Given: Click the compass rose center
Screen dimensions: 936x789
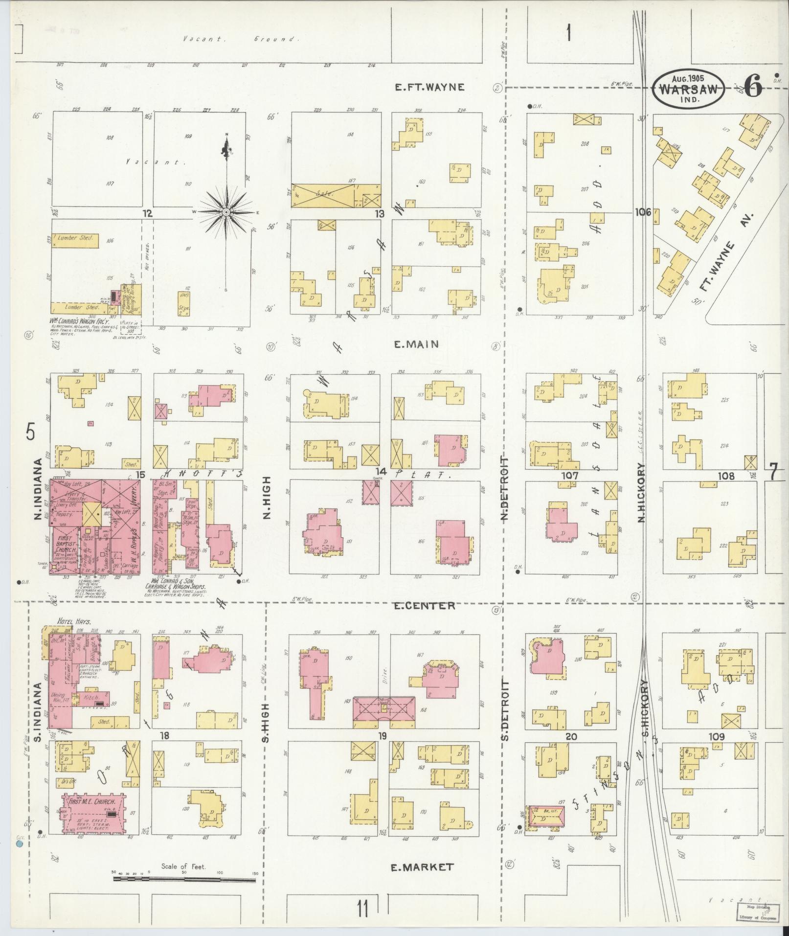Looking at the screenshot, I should click(226, 212).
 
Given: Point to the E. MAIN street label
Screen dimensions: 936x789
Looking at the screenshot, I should click(416, 344).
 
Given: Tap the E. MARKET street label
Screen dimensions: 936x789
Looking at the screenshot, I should click(422, 867).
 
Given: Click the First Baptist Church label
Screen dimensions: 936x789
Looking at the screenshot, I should click(65, 545).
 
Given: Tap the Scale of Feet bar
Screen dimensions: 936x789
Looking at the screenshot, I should click(184, 880).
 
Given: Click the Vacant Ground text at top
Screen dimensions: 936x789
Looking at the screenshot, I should click(240, 39).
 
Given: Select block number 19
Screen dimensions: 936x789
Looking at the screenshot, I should click(382, 736).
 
